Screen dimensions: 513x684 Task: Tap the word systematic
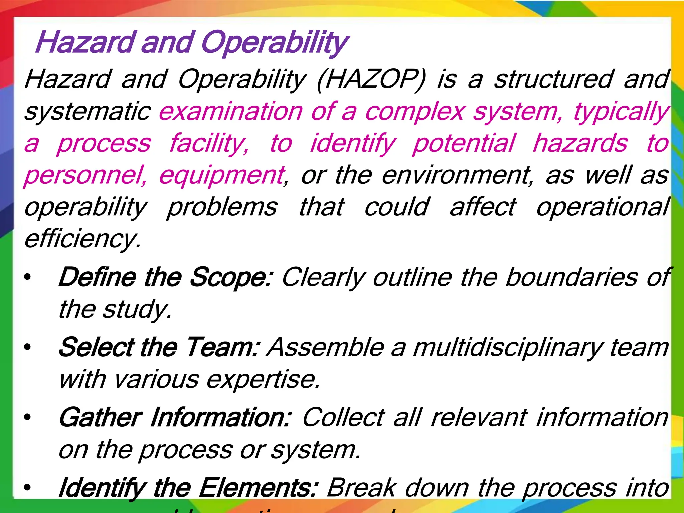click(88, 112)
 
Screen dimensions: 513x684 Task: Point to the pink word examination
click(231, 112)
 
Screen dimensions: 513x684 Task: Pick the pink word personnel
click(85, 176)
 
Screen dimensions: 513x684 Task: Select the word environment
click(458, 175)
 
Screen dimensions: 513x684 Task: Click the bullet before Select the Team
click(27, 348)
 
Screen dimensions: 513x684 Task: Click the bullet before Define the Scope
click(27, 277)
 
